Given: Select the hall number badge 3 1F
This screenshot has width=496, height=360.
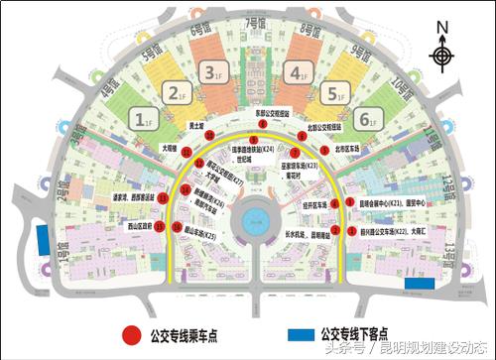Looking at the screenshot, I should pos(209,70).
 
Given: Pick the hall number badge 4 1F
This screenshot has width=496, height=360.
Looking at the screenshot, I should pos(295,70).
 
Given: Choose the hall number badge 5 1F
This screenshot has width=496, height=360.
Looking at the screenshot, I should pos(332,94).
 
